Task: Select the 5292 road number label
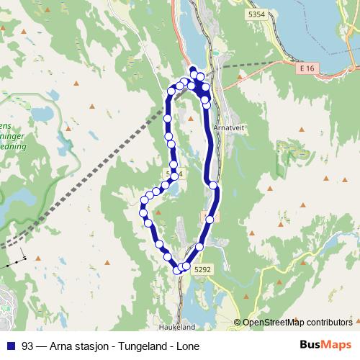pos(203,269)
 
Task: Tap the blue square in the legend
pos(10,345)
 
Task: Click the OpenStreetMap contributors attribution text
pos(297,323)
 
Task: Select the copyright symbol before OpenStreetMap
pos(238,323)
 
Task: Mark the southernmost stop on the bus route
pos(178,270)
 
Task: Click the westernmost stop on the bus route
pos(143,211)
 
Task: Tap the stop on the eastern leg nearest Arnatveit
pos(207,104)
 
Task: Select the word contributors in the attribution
pos(329,323)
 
